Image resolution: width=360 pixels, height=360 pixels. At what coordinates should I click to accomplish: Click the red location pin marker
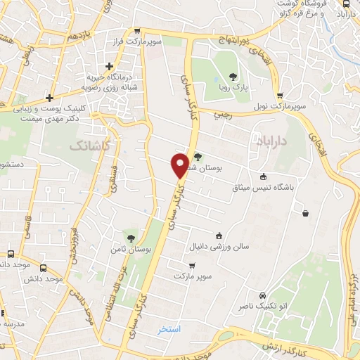pos(180,165)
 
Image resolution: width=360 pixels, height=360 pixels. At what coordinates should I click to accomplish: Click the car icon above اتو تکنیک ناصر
pos(262,295)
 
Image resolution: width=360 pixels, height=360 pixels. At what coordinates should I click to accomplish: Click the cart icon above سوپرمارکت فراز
pos(138,31)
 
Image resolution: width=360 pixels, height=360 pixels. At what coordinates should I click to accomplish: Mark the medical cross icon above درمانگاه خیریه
pos(109,66)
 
